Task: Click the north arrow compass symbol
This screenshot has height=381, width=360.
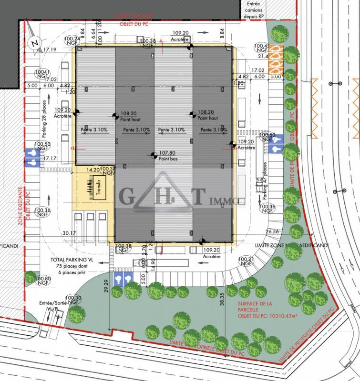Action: click(33, 42)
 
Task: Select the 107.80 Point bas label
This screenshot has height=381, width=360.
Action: click(167, 155)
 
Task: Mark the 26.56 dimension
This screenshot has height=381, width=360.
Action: click(273, 231)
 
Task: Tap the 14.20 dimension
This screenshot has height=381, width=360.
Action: click(93, 169)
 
